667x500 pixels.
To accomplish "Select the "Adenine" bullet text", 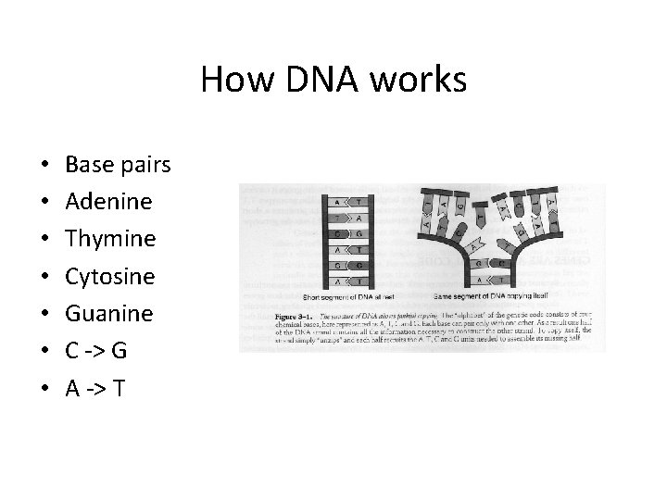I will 109,202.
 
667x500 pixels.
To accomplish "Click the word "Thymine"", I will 111,239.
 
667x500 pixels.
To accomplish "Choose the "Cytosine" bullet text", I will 111,276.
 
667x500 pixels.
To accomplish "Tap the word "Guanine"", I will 109,313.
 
